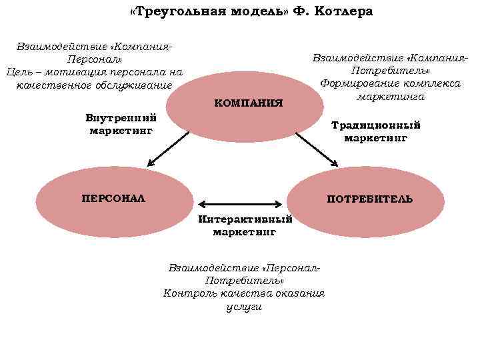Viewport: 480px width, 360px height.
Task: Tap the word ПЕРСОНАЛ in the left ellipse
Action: point(113,198)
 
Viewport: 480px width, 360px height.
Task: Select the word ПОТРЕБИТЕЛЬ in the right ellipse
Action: point(369,199)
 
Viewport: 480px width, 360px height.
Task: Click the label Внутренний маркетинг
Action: point(121,124)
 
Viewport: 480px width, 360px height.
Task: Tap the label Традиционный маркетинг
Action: point(375,131)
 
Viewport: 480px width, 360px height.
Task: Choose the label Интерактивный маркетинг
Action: point(245,225)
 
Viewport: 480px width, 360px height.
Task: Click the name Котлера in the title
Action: point(341,12)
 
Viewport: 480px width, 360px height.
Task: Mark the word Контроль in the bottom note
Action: point(189,293)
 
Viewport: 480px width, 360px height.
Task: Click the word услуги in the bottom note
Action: point(244,307)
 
